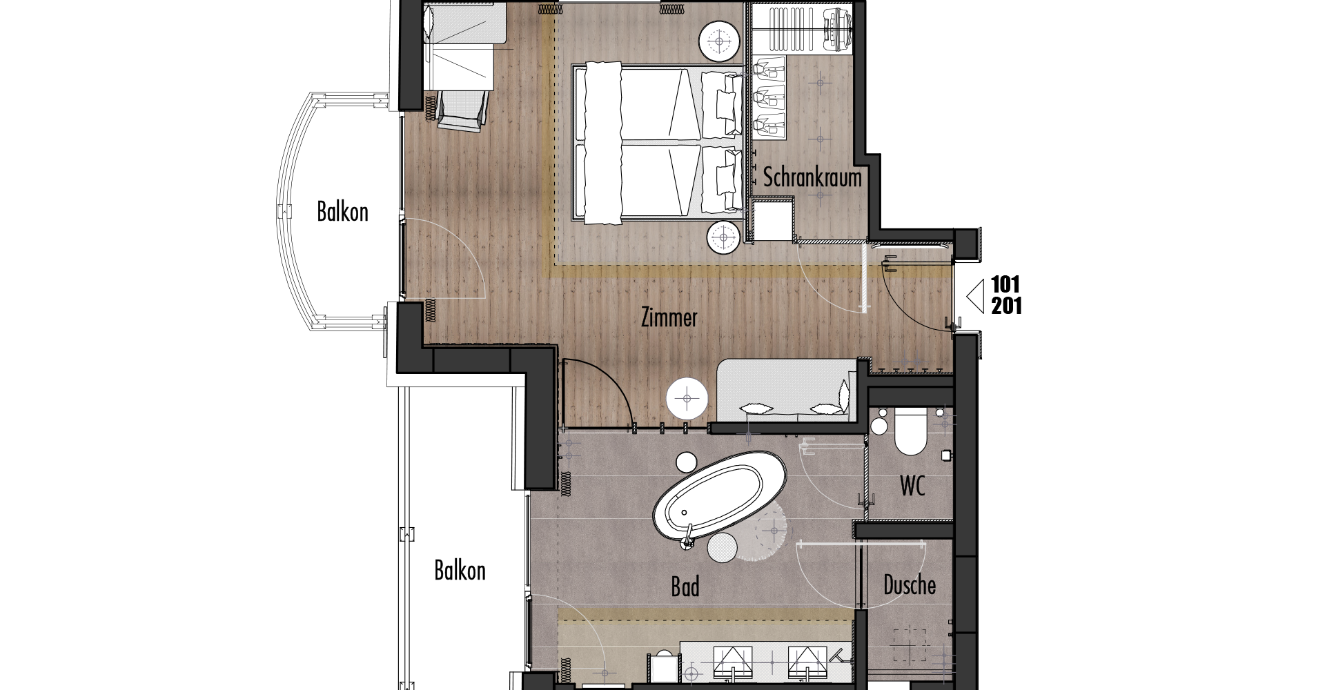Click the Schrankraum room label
(x=812, y=177)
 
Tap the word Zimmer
(x=669, y=318)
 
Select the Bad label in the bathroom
(x=685, y=587)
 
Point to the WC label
(x=912, y=486)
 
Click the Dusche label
(x=910, y=586)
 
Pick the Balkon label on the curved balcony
(x=342, y=211)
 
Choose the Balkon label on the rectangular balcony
(x=460, y=571)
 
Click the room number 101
(x=1005, y=284)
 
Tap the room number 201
(x=1006, y=306)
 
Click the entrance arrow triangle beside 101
(x=976, y=296)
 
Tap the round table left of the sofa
(x=687, y=398)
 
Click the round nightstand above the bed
(x=720, y=41)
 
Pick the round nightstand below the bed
(x=725, y=238)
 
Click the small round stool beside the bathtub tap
(x=722, y=548)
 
